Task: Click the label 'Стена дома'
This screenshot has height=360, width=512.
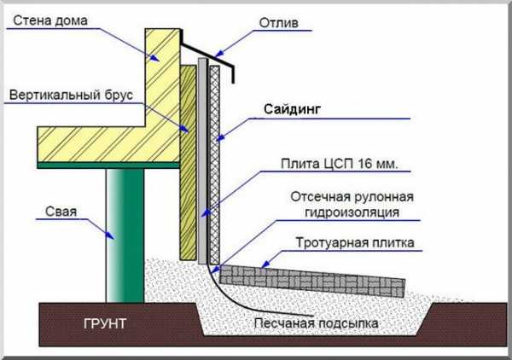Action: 50,20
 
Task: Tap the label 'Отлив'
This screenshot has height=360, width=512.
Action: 278,23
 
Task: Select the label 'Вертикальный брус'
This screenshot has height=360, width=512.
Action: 71,95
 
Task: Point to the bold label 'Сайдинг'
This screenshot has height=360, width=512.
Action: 292,109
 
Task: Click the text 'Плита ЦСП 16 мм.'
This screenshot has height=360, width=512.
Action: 340,164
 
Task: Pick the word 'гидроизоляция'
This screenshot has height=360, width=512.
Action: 352,212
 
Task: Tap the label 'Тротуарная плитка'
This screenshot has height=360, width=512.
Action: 355,243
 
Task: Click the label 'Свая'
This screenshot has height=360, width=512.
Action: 61,212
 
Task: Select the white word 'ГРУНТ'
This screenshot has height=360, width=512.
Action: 105,324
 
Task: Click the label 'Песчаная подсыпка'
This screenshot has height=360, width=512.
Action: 316,323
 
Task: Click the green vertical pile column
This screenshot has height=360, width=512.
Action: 125,235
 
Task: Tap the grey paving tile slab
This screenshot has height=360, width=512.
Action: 312,281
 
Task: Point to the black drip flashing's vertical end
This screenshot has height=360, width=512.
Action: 233,75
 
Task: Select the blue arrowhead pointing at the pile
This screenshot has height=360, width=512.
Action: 110,235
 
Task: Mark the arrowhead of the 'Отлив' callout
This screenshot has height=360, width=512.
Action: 220,53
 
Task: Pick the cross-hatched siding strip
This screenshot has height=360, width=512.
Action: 214,165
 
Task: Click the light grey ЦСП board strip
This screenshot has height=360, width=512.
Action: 202,161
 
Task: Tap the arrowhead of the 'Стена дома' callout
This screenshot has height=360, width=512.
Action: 154,58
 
